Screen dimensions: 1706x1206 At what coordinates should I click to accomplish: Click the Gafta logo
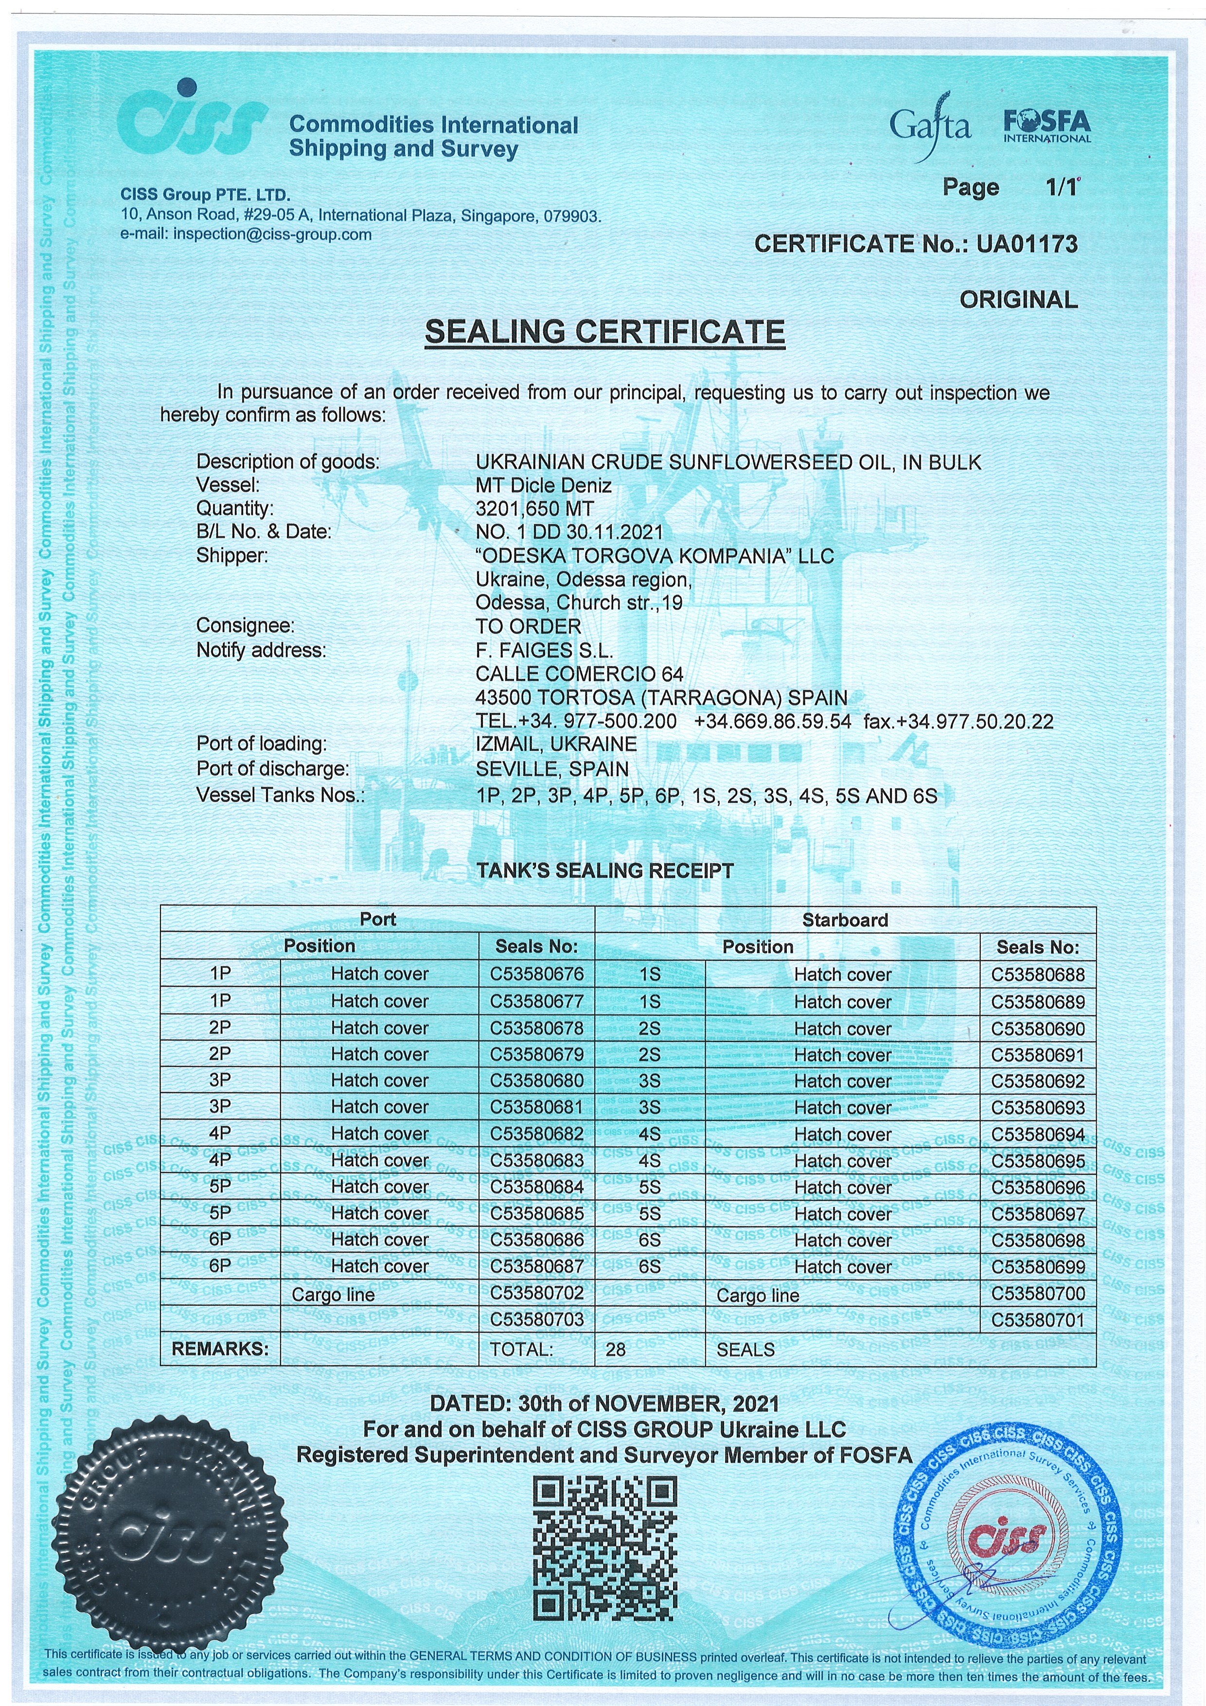pos(930,126)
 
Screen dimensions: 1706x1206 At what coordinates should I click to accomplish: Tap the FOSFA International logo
pos(1047,126)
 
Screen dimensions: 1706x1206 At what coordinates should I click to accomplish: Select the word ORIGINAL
pos(1017,300)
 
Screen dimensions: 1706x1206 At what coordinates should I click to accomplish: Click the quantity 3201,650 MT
pos(534,509)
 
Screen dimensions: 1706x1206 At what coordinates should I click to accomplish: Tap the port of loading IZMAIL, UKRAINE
pos(556,744)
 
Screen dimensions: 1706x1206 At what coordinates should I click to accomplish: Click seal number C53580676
pos(536,974)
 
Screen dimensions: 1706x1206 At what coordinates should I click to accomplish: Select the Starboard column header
pos(845,920)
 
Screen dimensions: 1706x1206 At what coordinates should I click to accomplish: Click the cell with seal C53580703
pos(536,1320)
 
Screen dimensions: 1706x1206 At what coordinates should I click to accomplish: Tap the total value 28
pos(615,1350)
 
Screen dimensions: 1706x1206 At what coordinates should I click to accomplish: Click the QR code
pos(605,1549)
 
